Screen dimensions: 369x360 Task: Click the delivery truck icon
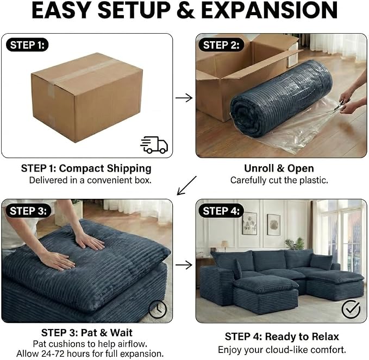point(154,145)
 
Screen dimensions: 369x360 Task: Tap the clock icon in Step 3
point(158,309)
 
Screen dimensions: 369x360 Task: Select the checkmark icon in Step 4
point(351,309)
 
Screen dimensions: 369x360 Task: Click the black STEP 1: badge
point(27,45)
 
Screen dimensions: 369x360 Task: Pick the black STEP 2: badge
point(221,45)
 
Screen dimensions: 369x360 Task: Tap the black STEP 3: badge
point(28,211)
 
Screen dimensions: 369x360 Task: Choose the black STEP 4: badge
point(221,211)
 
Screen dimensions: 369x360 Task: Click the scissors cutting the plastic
point(341,104)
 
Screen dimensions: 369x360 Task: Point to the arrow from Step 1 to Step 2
point(184,98)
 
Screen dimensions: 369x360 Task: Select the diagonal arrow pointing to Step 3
point(186,186)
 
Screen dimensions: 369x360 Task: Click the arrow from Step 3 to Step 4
point(184,265)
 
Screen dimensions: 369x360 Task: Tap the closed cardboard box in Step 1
point(87,97)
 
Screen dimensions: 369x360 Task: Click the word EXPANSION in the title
point(270,10)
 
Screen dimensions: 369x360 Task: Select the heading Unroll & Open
point(279,168)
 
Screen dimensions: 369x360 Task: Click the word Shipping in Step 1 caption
point(129,169)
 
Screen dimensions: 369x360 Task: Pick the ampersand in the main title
point(186,10)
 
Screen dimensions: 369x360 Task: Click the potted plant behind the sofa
point(295,244)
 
